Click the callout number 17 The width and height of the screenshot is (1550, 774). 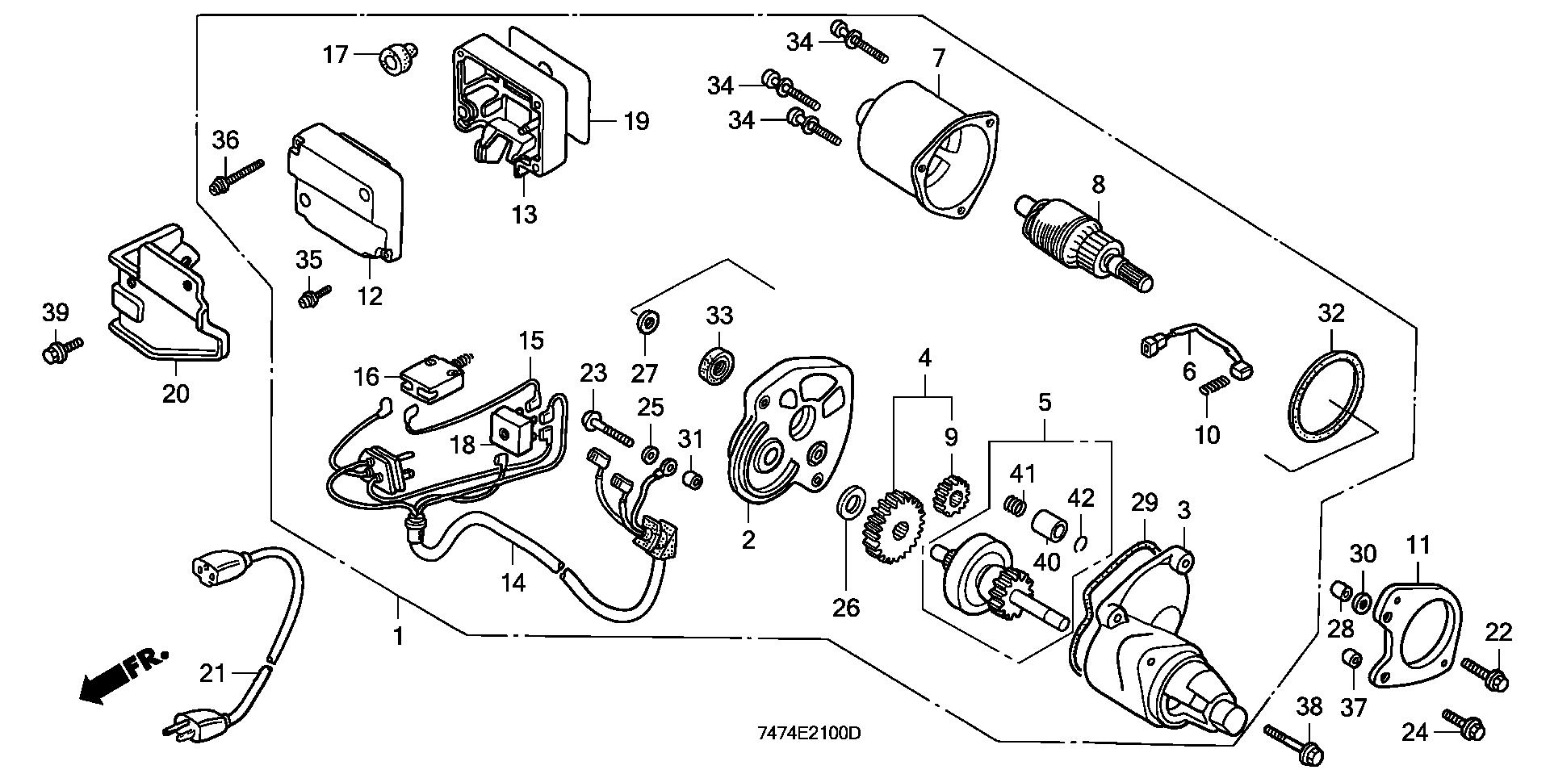(x=335, y=55)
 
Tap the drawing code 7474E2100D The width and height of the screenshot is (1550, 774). (x=808, y=734)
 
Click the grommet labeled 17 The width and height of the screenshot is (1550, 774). (x=396, y=58)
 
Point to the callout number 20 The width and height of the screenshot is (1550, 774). (x=176, y=394)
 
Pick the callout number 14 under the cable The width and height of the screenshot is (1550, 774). (x=513, y=581)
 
